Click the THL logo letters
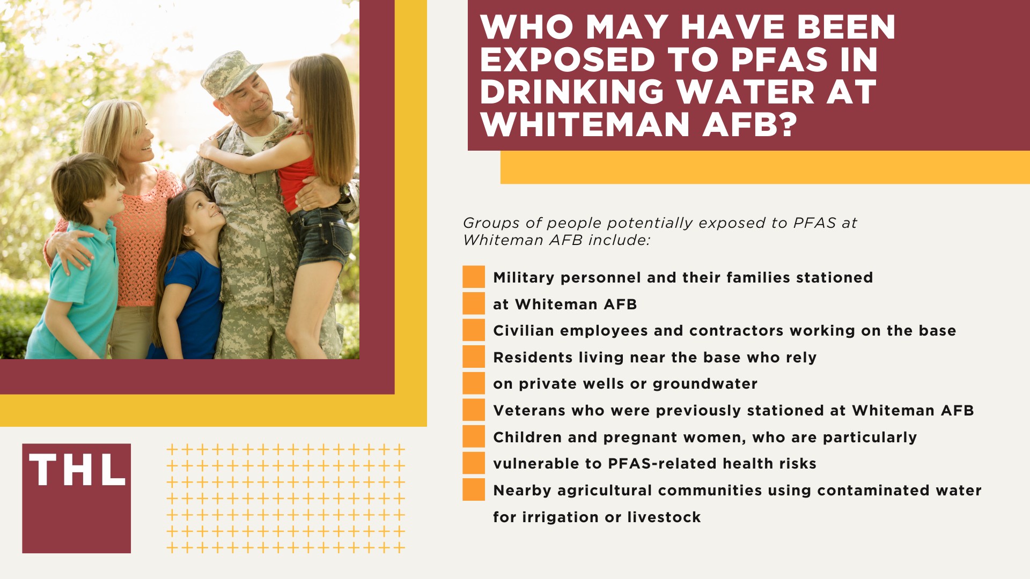point(77,470)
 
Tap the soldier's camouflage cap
point(232,73)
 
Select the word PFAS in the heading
point(779,60)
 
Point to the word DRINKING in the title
point(572,92)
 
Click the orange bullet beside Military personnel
point(474,277)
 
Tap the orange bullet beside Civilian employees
point(474,330)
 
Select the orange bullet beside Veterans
point(474,410)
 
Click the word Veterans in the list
point(529,411)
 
